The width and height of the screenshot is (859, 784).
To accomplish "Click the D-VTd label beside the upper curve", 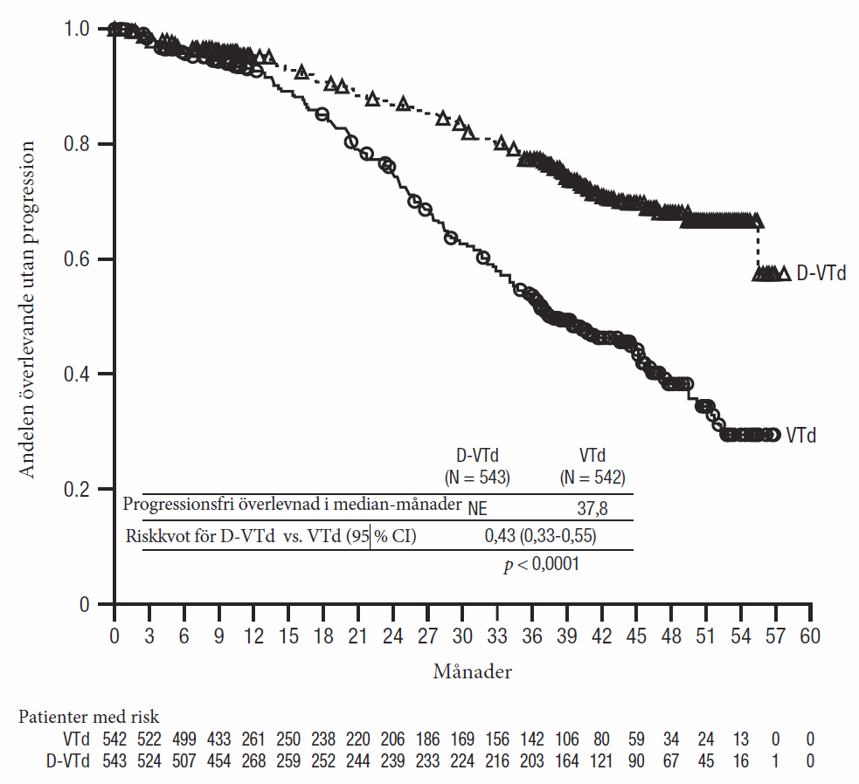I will pyautogui.click(x=821, y=274).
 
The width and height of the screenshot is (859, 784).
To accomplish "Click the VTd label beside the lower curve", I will pyautogui.click(x=800, y=435).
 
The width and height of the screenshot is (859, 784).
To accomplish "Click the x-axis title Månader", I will pyautogui.click(x=472, y=672).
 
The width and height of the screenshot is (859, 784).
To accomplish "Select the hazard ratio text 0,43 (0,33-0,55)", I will pyautogui.click(x=541, y=536).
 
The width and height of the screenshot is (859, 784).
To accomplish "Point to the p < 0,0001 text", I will pyautogui.click(x=542, y=565).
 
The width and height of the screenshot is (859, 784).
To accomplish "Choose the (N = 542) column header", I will pyautogui.click(x=592, y=477).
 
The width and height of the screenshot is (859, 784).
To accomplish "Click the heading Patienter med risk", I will pyautogui.click(x=88, y=717).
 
